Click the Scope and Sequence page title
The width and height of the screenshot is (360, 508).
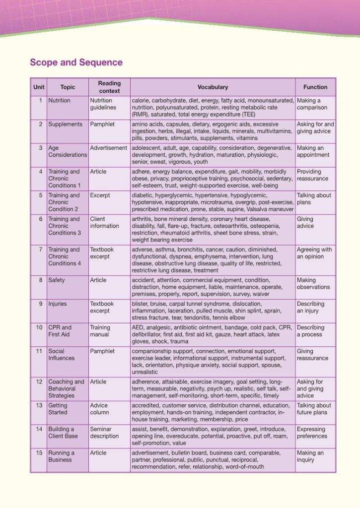76,63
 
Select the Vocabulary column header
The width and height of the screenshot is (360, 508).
213,87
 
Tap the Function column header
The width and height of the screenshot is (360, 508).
315,87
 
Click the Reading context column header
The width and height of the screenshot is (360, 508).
109,87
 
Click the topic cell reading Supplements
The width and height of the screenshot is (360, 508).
64,125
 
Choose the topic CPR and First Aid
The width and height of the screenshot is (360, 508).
60,331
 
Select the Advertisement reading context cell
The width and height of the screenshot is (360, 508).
109,148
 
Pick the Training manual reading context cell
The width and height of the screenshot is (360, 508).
100,331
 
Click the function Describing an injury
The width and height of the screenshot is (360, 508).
310,307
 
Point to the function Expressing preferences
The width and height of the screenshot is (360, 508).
312,433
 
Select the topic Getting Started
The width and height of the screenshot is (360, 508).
58,409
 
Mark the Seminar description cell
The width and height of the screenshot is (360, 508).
104,433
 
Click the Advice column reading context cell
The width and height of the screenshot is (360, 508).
100,409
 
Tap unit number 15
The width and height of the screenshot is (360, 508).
39,453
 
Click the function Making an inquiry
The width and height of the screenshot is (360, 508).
310,456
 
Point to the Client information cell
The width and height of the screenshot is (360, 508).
104,222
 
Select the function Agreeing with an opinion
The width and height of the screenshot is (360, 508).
314,253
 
